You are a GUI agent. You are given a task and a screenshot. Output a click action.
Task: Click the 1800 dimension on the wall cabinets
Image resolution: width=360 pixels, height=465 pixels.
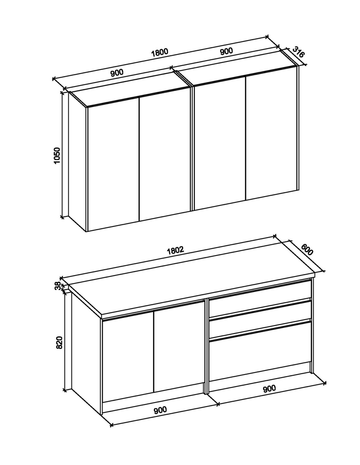(160, 52)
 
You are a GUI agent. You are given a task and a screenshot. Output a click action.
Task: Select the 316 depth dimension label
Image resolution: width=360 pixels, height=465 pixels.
(298, 52)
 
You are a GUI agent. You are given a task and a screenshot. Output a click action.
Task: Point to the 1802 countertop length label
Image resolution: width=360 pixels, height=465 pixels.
(175, 250)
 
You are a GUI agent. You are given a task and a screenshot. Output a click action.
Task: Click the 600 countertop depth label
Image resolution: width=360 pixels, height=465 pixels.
(307, 250)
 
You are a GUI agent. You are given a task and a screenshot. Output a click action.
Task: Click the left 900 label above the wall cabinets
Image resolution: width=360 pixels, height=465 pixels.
(117, 73)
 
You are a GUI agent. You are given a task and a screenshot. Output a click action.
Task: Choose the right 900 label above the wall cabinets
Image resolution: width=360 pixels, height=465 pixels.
(226, 51)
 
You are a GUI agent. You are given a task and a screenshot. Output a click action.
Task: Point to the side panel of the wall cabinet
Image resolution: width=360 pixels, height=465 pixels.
(77, 162)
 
